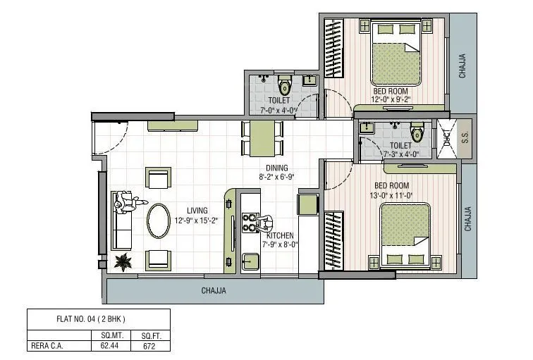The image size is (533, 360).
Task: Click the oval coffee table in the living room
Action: tap(158, 221)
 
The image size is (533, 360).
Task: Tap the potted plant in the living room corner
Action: tap(125, 261)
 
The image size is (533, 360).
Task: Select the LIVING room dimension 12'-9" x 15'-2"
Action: tap(197, 221)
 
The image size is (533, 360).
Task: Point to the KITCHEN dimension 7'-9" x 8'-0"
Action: tap(280, 244)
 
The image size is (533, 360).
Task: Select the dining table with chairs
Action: tap(262, 137)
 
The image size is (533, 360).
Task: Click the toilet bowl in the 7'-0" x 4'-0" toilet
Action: tap(284, 86)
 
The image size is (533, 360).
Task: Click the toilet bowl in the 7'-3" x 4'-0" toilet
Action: tap(417, 132)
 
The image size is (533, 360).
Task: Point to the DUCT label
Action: tap(446, 137)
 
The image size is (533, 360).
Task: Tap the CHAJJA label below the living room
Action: tap(214, 290)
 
